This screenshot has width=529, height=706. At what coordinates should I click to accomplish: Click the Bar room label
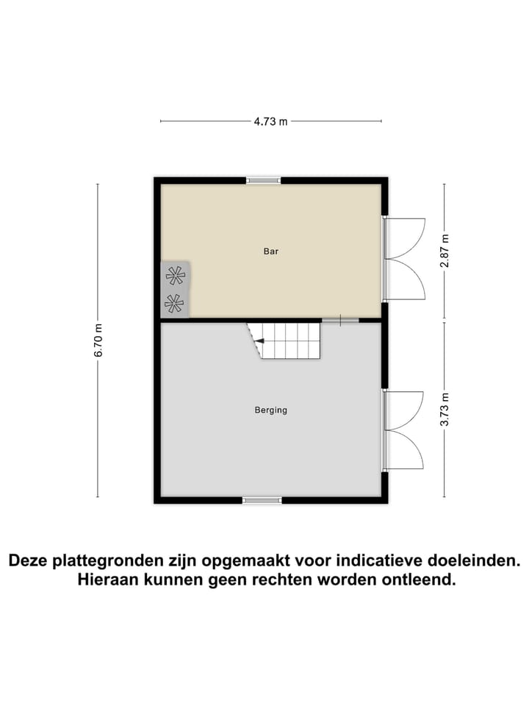pyautogui.click(x=271, y=252)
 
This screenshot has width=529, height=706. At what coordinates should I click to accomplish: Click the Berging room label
pyautogui.click(x=271, y=410)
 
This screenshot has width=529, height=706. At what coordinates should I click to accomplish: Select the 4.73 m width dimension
pyautogui.click(x=270, y=122)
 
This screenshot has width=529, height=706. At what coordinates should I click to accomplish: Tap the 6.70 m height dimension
pyautogui.click(x=98, y=340)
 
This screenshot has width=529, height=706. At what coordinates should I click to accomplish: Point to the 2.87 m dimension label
pyautogui.click(x=444, y=252)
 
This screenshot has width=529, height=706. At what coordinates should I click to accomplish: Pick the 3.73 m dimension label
pyautogui.click(x=444, y=410)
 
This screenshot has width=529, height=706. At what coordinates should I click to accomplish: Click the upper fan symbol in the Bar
pyautogui.click(x=176, y=276)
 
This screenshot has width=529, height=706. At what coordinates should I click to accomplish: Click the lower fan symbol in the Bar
pyautogui.click(x=175, y=303)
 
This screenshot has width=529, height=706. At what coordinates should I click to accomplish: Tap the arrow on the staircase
pyautogui.click(x=259, y=340)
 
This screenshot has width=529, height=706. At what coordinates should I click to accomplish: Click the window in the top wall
pyautogui.click(x=263, y=180)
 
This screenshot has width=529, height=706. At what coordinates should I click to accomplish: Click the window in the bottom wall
pyautogui.click(x=262, y=500)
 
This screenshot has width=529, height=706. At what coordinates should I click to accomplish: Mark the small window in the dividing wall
pyautogui.click(x=340, y=320)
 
